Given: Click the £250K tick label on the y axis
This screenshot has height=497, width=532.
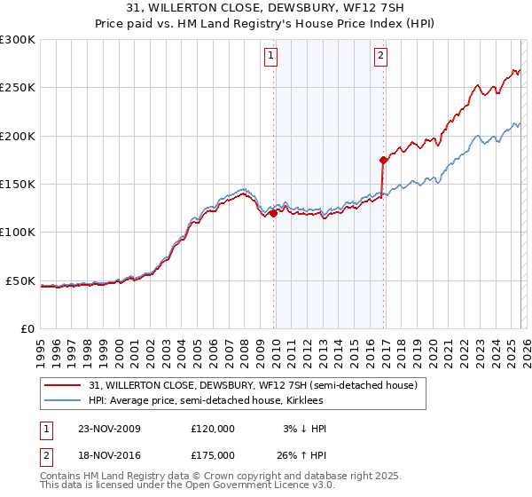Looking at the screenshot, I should click(x=18, y=88).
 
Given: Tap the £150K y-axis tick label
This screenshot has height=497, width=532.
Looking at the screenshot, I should click(x=18, y=185).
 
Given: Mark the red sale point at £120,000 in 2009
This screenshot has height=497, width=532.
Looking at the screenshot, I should click(x=274, y=213).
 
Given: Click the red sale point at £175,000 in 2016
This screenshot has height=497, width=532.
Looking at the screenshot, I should click(x=383, y=161).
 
